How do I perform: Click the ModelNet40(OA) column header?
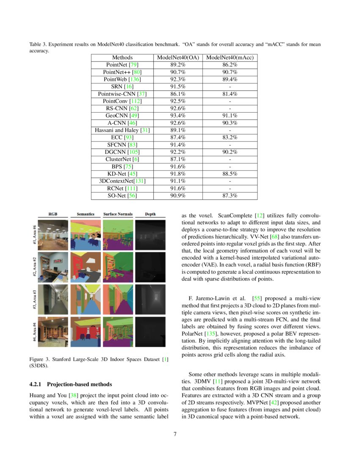pos(177,58)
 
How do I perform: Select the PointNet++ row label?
pos(122,72)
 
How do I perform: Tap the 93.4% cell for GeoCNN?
pos(177,116)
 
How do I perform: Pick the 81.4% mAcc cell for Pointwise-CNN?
pos(230,94)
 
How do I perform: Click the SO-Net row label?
pos(122,195)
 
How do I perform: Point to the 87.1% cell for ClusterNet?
pos(177,159)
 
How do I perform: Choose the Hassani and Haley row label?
pos(122,130)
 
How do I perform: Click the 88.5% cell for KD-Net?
pos(230,174)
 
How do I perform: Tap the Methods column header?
pos(122,58)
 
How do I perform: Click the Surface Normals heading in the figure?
pos(118,214)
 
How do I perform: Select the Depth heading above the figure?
pos(150,214)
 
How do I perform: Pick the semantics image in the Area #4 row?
pos(86,331)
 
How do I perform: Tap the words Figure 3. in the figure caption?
pos(39,360)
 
